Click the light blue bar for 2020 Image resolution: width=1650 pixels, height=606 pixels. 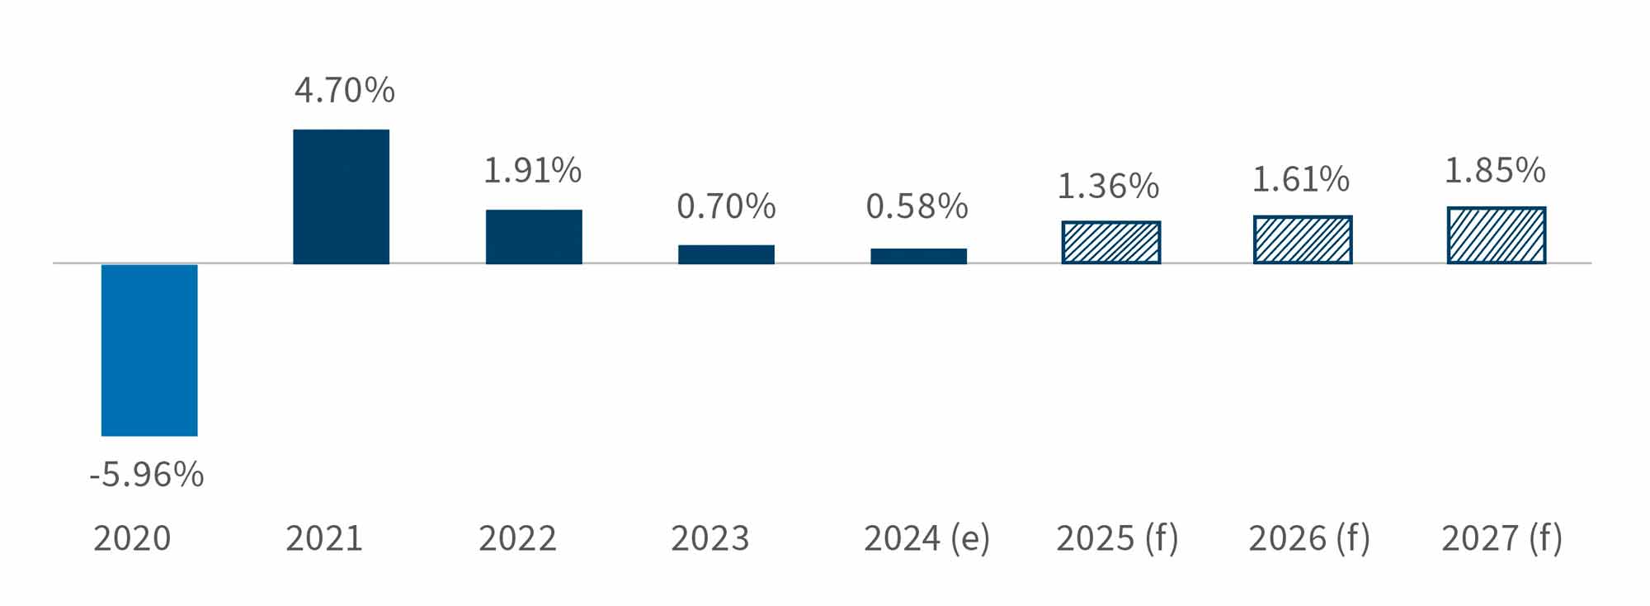click(149, 349)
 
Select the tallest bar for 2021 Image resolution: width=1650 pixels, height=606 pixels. click(341, 196)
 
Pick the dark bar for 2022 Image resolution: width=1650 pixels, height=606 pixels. click(534, 236)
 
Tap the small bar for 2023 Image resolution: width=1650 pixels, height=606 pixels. click(726, 254)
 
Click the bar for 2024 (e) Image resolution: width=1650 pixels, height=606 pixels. click(918, 256)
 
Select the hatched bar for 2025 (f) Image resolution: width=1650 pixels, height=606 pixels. click(1110, 243)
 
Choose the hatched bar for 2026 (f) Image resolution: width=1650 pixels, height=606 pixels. click(1303, 240)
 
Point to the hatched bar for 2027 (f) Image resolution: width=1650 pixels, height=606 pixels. click(1496, 235)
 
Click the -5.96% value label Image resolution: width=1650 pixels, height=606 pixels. click(147, 475)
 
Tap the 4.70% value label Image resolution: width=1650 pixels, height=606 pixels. click(345, 90)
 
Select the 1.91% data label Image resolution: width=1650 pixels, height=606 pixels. click(532, 171)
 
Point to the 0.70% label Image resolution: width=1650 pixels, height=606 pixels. click(726, 206)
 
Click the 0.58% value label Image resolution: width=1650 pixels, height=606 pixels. click(917, 206)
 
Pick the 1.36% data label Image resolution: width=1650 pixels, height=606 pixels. click(1108, 187)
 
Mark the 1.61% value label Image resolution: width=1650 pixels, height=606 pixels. click(1301, 180)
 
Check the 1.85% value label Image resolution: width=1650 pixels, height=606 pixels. click(1494, 171)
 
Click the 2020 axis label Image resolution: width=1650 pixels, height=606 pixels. click(132, 538)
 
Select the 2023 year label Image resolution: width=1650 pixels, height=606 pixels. click(709, 538)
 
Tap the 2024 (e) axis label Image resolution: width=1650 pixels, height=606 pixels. click(926, 538)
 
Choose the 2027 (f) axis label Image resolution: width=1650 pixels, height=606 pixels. click(1501, 538)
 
